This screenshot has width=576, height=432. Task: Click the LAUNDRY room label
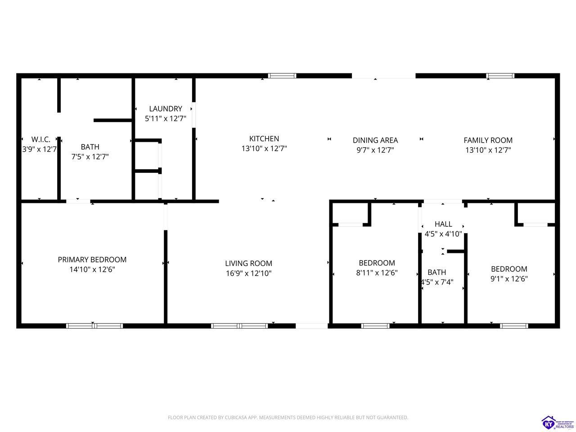[165, 108]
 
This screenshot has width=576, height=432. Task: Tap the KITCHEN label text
[264, 139]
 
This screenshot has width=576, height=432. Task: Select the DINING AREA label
[375, 140]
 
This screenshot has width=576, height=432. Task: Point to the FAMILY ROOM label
[488, 140]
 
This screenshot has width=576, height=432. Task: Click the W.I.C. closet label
[40, 139]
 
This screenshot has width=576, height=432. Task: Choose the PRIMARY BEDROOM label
[92, 260]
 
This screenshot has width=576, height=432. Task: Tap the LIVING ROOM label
[248, 263]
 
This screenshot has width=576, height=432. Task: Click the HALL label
[443, 224]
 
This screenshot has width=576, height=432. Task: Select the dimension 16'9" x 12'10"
[248, 273]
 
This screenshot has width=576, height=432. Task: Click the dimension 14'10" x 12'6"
[92, 270]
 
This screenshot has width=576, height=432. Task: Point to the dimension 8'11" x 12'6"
[377, 273]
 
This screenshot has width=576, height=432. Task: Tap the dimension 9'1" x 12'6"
[509, 279]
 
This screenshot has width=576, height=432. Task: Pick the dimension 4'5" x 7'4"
[437, 282]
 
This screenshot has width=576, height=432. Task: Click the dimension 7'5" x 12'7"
[90, 157]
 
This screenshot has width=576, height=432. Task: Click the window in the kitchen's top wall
[282, 76]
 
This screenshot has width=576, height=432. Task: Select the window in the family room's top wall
[500, 76]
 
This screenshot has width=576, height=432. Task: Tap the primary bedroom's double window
[94, 326]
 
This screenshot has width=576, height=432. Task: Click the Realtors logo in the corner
[558, 423]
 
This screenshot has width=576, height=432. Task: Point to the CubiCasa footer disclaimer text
[288, 417]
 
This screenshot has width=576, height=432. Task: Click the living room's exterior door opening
[312, 326]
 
